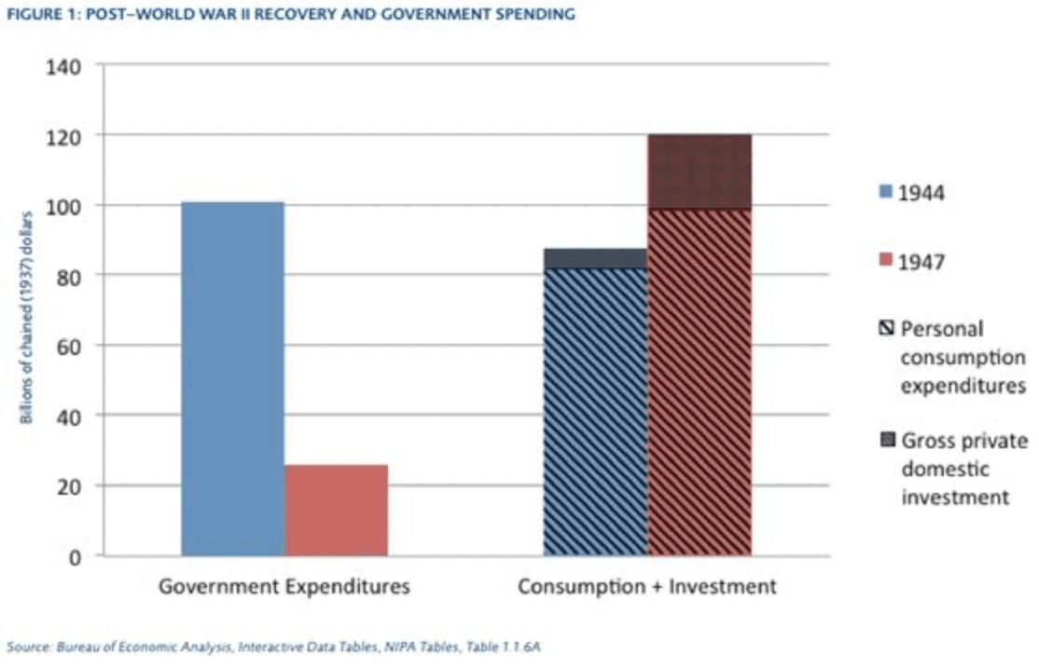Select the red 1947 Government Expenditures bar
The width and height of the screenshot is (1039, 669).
click(336, 510)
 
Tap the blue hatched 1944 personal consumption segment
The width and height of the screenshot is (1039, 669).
click(595, 412)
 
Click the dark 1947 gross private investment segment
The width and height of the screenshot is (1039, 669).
click(700, 171)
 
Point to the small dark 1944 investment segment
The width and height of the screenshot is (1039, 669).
click(595, 258)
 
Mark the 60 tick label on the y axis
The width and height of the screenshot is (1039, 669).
click(66, 346)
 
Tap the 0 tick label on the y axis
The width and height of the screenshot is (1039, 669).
click(75, 556)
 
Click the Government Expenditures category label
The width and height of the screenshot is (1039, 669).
click(284, 587)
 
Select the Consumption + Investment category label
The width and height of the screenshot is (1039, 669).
click(646, 587)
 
